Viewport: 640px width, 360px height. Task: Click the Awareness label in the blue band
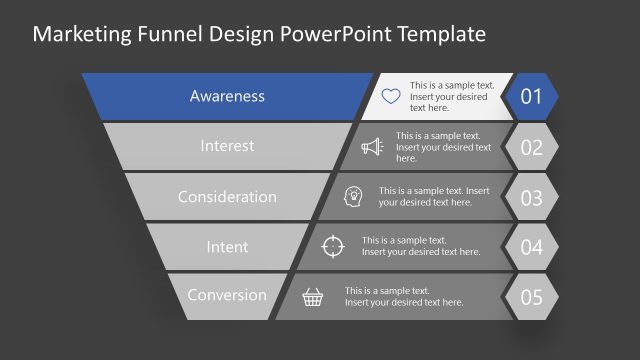227,97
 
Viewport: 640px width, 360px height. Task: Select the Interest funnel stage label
227,146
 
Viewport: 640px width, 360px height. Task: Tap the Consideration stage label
227,197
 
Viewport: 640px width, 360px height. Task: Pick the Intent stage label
227,246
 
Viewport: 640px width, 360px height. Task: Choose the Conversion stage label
227,295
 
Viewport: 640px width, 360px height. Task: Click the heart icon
391,97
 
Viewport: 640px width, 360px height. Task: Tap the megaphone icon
372,147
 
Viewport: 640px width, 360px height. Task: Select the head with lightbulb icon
354,196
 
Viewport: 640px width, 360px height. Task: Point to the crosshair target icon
334,246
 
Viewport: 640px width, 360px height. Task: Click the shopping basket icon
314,296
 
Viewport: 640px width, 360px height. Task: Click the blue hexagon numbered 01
532,97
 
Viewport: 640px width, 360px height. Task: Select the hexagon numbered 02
532,147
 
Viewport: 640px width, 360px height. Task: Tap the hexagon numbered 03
532,197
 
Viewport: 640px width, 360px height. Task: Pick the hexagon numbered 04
532,246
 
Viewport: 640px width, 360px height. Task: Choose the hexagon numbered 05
532,296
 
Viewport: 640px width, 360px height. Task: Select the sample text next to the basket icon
405,296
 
